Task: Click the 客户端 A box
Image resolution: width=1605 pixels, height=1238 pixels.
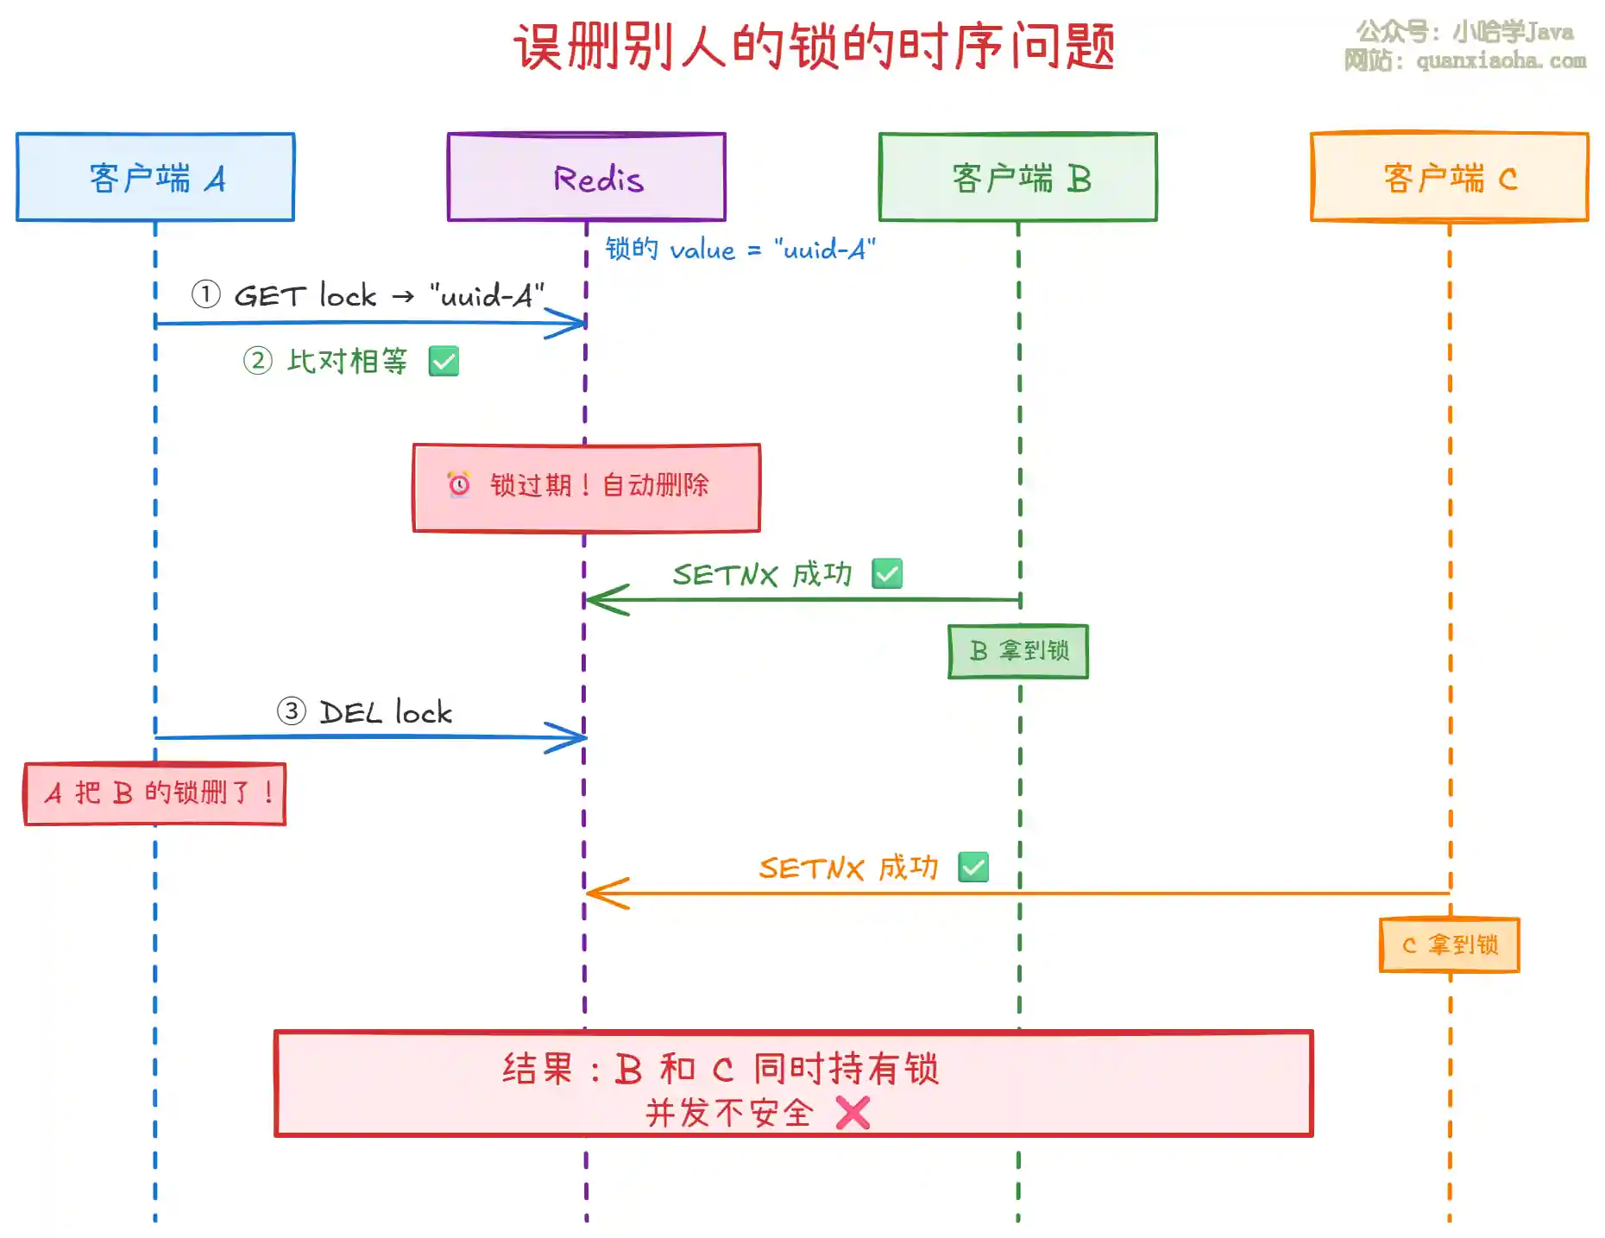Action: (155, 177)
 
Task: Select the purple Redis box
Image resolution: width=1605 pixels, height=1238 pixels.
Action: (587, 177)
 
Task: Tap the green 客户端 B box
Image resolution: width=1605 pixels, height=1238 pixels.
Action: (1018, 177)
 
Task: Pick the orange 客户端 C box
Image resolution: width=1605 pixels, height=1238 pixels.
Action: (1450, 177)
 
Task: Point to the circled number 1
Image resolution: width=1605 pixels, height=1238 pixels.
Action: (205, 294)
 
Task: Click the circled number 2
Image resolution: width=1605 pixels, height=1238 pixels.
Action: (257, 360)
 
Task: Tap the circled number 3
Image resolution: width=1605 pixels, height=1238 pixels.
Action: (292, 711)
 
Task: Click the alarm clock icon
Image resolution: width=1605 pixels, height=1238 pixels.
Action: (459, 484)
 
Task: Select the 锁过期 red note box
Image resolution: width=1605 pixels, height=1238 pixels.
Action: (587, 488)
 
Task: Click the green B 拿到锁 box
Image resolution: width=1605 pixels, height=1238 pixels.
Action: (1018, 651)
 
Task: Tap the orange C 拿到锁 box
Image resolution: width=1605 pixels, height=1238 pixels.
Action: (1450, 944)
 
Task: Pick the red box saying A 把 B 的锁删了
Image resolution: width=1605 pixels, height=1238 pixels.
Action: (155, 793)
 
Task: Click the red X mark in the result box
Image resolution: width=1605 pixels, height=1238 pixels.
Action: (853, 1113)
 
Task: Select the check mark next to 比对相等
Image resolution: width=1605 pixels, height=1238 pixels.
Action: (444, 361)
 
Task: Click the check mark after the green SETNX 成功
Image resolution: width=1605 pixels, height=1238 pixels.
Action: (887, 573)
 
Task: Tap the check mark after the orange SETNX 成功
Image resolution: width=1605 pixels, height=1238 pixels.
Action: (973, 867)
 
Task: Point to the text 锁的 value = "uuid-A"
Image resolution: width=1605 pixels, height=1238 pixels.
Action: (740, 249)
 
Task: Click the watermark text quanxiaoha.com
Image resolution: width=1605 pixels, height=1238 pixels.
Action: (1501, 60)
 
